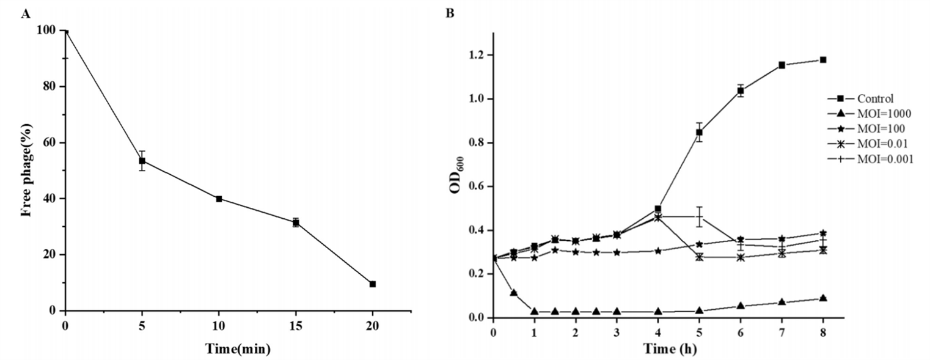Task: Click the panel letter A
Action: (25, 13)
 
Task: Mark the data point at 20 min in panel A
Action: (372, 284)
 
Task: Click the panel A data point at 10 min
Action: (219, 199)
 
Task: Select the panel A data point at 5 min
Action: (142, 161)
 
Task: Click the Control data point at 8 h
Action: (823, 60)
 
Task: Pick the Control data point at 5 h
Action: (699, 132)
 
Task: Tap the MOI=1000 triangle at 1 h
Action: (535, 312)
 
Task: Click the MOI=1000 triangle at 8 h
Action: (823, 298)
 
